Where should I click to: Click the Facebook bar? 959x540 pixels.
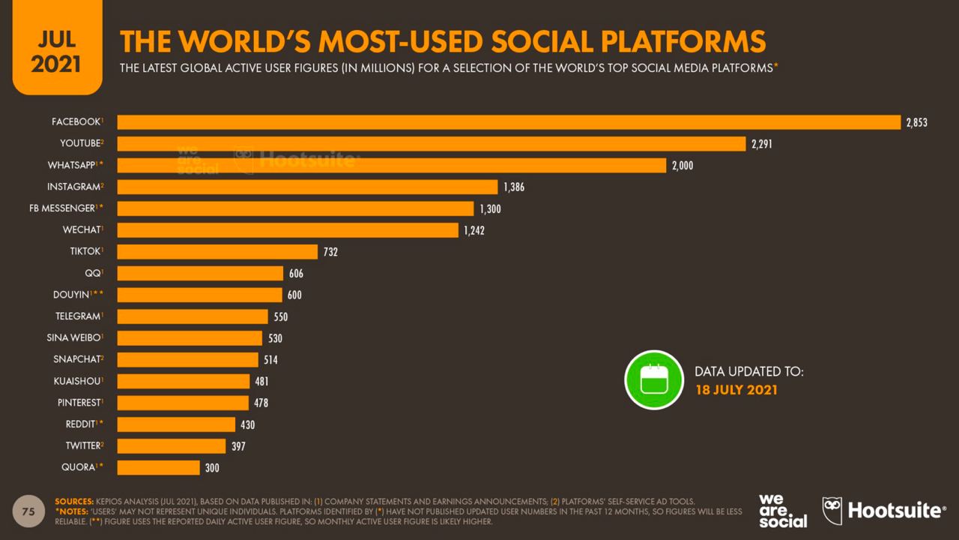click(509, 122)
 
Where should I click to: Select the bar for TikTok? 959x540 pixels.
click(217, 252)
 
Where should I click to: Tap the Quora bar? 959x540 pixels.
click(159, 468)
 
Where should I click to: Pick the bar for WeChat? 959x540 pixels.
click(288, 230)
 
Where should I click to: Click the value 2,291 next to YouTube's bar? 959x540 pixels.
click(762, 144)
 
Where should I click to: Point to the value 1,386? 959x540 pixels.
click(514, 187)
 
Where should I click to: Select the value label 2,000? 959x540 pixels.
click(683, 166)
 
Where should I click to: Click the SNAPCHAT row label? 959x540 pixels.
click(78, 359)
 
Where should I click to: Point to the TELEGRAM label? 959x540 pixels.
click(79, 316)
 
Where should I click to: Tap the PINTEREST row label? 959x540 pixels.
click(79, 403)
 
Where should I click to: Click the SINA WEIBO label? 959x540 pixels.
click(74, 338)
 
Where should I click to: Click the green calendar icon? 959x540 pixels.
click(654, 379)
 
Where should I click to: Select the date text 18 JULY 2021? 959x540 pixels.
click(736, 390)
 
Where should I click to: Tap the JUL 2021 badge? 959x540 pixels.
click(56, 49)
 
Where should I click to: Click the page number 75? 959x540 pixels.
click(29, 511)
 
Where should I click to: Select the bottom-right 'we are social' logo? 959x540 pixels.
click(782, 510)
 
